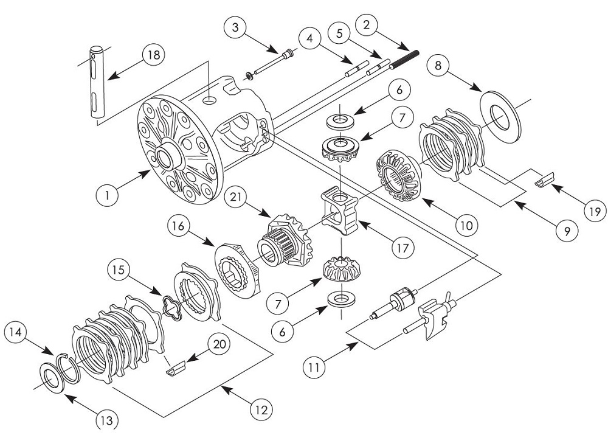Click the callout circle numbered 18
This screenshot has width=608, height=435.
pyautogui.click(x=153, y=55)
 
